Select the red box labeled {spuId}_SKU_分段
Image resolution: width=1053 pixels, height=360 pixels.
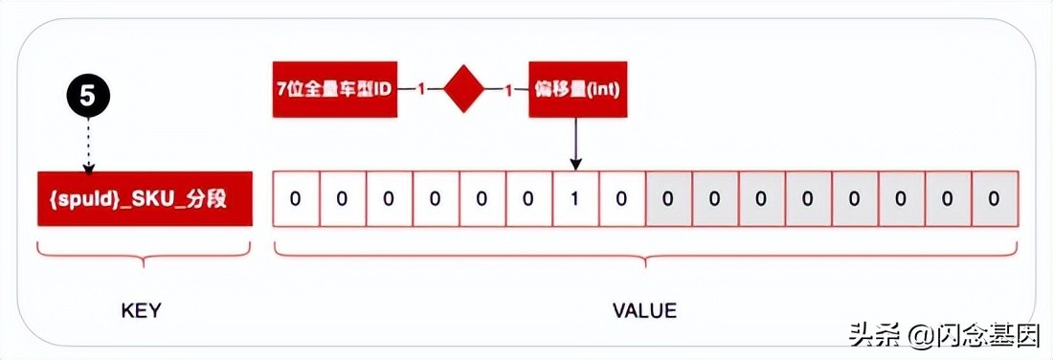tap(145, 199)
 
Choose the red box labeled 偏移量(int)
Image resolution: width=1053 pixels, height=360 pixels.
tap(578, 89)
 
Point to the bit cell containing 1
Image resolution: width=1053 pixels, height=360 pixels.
tap(575, 199)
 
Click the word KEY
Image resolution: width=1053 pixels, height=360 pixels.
tap(141, 311)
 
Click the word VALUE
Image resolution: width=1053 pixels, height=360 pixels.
tap(643, 311)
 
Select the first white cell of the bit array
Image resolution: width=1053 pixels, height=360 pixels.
tap(296, 199)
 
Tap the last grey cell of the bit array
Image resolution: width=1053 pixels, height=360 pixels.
tap(994, 199)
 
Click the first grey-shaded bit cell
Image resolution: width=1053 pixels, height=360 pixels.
tap(668, 199)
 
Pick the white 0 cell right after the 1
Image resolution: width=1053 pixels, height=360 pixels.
tap(622, 199)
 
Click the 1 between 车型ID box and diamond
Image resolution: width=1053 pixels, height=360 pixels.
tap(419, 89)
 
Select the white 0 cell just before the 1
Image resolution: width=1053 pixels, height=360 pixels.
tap(529, 199)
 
